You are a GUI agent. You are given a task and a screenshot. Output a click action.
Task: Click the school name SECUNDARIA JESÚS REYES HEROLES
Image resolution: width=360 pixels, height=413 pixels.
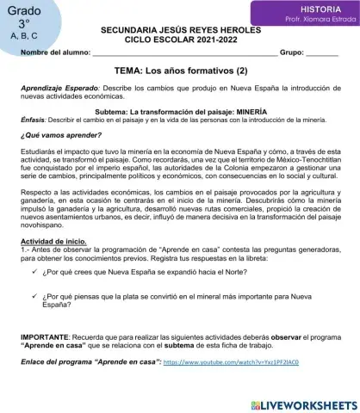click(179, 30)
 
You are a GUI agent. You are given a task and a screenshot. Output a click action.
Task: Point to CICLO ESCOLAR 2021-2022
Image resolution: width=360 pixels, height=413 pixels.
click(179, 40)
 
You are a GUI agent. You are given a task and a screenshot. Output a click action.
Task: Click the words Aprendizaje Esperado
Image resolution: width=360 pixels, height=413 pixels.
click(47, 90)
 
